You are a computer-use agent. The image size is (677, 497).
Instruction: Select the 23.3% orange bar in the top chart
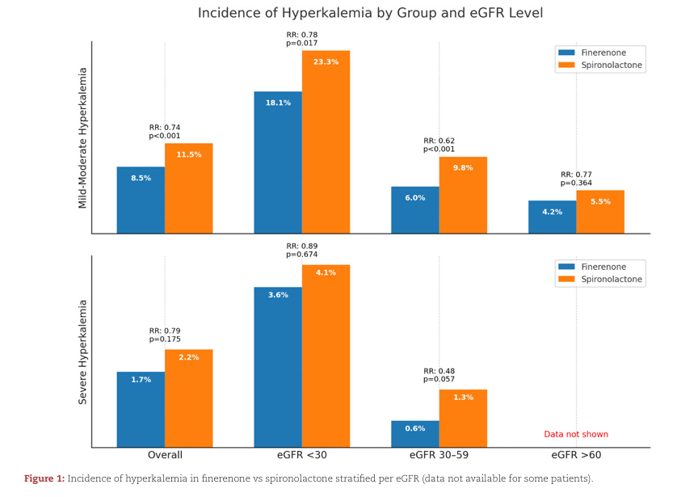tap(326, 142)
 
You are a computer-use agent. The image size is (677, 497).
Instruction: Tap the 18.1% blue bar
tap(278, 162)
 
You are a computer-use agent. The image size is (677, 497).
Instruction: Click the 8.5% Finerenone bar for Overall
tap(141, 200)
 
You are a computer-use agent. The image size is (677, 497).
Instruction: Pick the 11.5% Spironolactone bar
tap(188, 188)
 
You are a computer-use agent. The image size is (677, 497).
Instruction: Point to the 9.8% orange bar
tap(463, 195)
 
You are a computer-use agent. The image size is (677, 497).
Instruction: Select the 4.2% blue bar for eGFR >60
tap(552, 217)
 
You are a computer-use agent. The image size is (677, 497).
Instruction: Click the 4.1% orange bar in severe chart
tap(326, 356)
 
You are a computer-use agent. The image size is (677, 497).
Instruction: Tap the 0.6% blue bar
tap(415, 433)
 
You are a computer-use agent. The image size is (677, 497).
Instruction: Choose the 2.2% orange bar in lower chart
tap(188, 398)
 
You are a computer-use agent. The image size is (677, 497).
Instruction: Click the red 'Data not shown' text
tap(575, 434)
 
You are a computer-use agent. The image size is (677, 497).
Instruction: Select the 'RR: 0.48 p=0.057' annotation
tap(439, 375)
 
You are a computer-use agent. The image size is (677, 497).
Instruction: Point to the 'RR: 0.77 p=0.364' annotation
tap(577, 179)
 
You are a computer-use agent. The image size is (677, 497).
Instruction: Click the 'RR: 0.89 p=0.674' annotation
tap(302, 250)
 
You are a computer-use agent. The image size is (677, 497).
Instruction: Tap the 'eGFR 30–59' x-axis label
tap(439, 455)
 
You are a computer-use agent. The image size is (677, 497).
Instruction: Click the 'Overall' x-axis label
tap(165, 455)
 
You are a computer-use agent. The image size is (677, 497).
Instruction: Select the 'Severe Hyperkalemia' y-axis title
tap(82, 352)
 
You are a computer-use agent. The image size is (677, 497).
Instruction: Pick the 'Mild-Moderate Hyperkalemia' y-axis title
tap(82, 137)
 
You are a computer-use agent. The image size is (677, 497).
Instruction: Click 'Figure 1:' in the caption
tap(44, 478)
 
